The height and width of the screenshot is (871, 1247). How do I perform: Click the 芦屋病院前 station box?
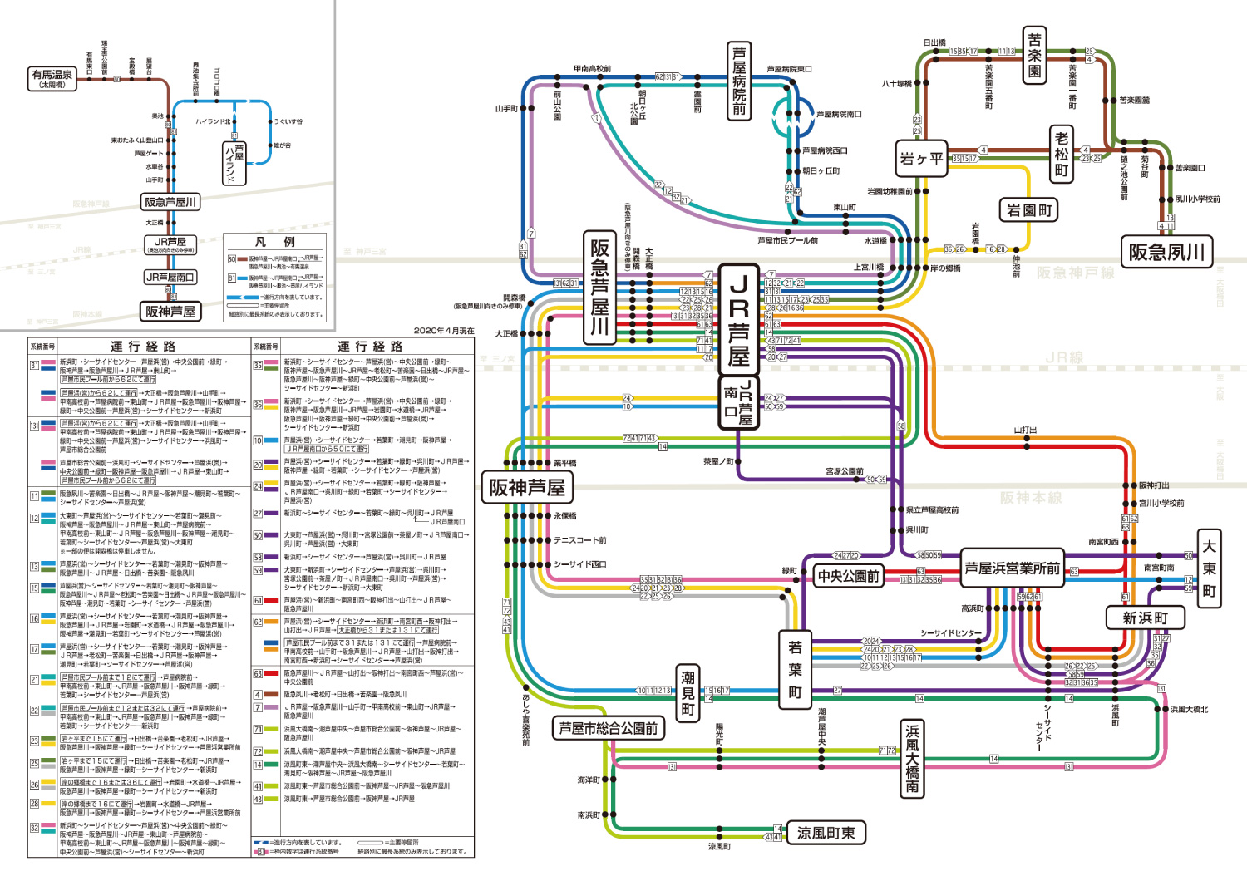(739, 81)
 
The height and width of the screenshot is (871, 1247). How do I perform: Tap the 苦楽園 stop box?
(1034, 55)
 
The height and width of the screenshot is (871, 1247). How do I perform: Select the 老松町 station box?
(1061, 155)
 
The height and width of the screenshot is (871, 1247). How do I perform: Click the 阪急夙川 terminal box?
(1166, 252)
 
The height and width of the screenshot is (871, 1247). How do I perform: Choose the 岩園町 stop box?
(1029, 210)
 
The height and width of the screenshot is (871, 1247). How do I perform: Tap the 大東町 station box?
(1209, 568)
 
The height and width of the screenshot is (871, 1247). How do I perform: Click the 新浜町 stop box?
(1145, 618)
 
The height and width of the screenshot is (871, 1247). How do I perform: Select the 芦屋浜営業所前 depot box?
(1012, 568)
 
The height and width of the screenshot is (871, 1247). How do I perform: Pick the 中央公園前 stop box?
(848, 576)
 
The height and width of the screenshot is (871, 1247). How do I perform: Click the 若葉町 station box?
(795, 670)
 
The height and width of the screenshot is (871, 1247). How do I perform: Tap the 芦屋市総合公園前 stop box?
(608, 729)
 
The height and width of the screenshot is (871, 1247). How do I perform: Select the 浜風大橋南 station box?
(912, 758)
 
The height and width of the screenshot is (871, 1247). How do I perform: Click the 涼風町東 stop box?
(826, 833)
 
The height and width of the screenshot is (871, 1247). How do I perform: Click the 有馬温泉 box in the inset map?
(52, 78)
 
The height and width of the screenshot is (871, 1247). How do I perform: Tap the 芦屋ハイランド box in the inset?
(234, 162)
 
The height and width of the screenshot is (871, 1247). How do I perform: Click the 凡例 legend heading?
(274, 242)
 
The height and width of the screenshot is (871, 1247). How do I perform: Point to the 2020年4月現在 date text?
(444, 331)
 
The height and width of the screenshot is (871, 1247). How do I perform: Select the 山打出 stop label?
(1025, 430)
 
